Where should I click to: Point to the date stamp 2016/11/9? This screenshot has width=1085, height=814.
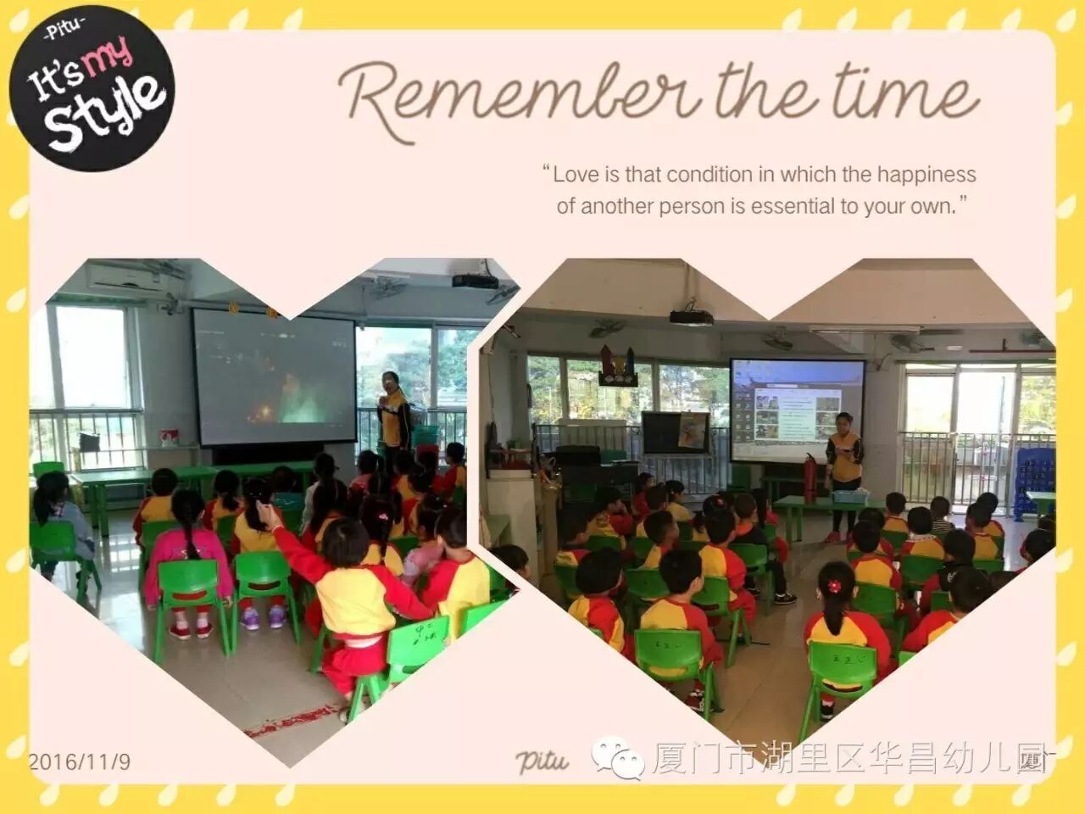pos(80,761)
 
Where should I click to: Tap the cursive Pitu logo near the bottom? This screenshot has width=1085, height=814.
pos(542,761)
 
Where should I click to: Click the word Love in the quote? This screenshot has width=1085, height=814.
pos(574,175)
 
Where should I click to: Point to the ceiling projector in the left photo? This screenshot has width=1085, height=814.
pos(475,280)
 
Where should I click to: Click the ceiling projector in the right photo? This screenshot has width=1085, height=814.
pos(691,316)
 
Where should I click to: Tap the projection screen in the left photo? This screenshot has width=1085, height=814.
pos(275,376)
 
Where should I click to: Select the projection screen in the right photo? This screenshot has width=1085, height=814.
pos(798,410)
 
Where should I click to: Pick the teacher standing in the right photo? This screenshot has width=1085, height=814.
pos(844,477)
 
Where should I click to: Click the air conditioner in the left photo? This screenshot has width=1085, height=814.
pos(127,278)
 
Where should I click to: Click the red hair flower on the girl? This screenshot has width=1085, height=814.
pos(834,586)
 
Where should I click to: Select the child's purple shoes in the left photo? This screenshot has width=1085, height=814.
pos(264,617)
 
